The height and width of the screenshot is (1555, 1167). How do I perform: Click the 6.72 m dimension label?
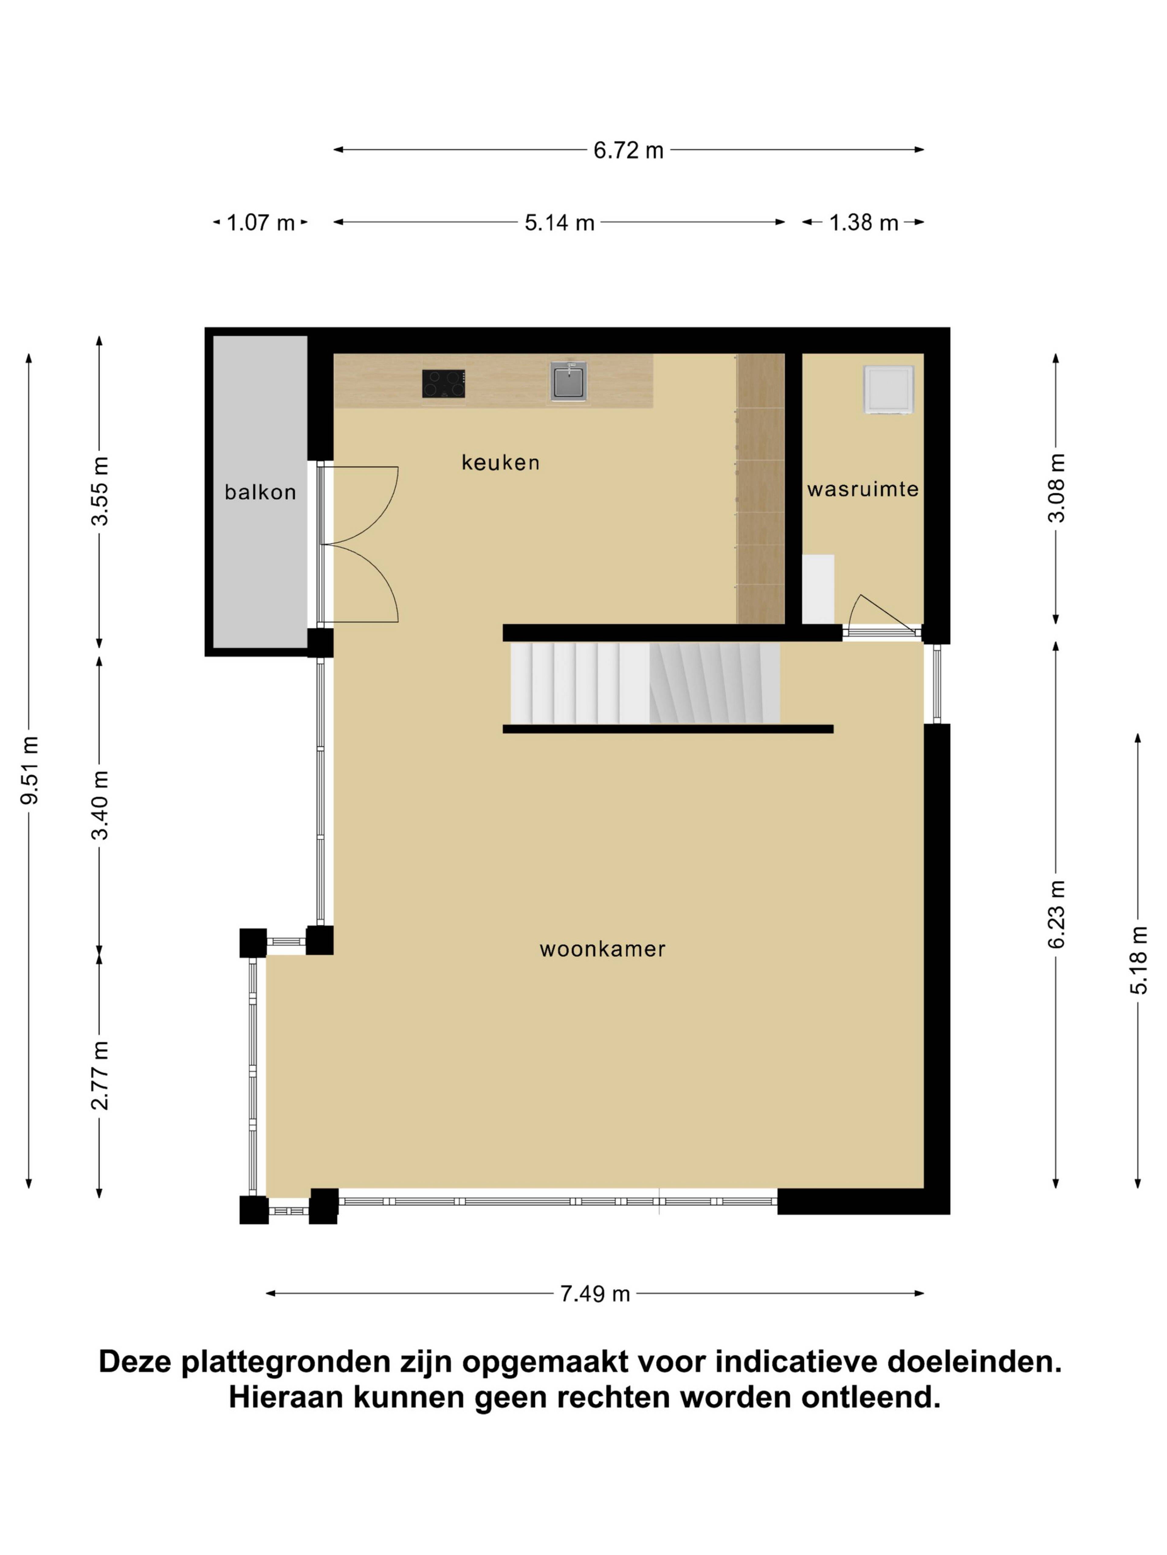click(x=628, y=150)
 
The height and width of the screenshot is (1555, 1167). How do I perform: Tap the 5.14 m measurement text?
click(x=559, y=223)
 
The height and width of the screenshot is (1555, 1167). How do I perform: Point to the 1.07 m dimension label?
click(x=260, y=223)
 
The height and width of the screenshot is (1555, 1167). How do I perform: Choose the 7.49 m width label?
click(x=594, y=1294)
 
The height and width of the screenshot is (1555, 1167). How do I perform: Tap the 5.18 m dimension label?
click(x=1138, y=959)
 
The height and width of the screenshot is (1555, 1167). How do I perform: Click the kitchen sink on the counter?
click(x=568, y=381)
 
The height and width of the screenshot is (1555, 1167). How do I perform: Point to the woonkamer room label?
click(x=602, y=949)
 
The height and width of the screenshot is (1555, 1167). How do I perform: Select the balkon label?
click(x=260, y=492)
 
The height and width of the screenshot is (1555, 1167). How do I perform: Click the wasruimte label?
click(x=862, y=489)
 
